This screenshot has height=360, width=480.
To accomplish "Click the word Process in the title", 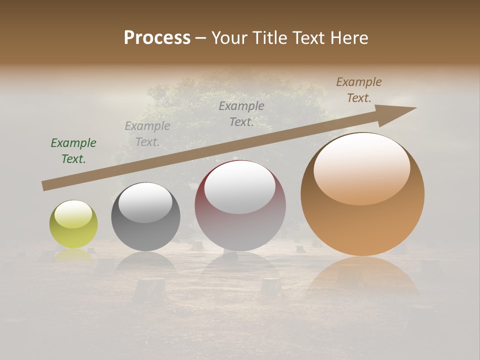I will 157,38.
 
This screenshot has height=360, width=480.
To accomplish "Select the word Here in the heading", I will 347,38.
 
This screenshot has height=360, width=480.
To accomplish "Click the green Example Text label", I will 73,151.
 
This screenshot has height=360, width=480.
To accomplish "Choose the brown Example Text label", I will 359,90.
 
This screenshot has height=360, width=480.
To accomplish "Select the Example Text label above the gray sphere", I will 147,134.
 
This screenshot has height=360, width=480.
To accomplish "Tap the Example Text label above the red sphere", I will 241,113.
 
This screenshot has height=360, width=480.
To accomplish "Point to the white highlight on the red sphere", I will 240,186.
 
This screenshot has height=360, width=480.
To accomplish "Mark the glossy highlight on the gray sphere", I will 145,202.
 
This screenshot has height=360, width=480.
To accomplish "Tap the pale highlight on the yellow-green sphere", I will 73,214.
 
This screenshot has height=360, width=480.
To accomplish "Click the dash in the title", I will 201,38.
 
